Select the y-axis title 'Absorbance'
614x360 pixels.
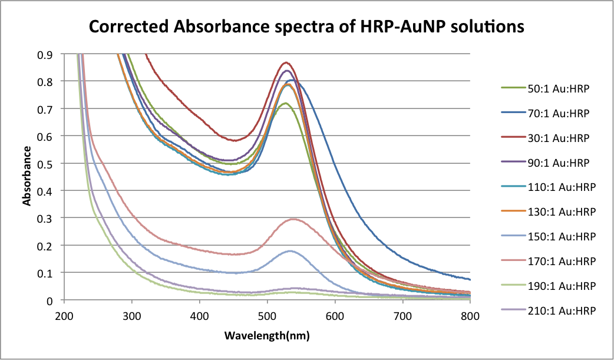27,177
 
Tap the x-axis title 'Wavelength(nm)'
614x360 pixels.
267,336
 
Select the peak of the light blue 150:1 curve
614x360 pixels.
290,251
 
